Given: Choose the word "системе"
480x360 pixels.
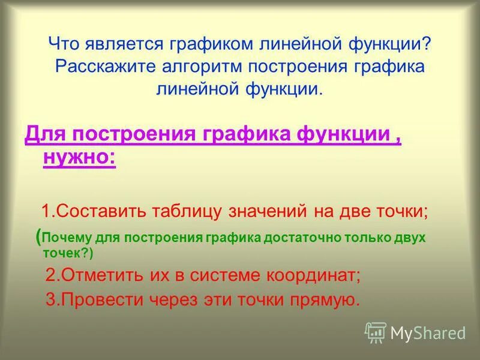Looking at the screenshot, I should click(236, 276).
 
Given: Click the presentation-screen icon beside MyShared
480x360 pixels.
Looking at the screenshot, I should click(375, 332).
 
